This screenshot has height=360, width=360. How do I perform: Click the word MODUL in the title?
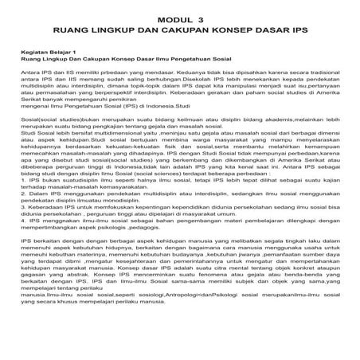coord(172,15)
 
